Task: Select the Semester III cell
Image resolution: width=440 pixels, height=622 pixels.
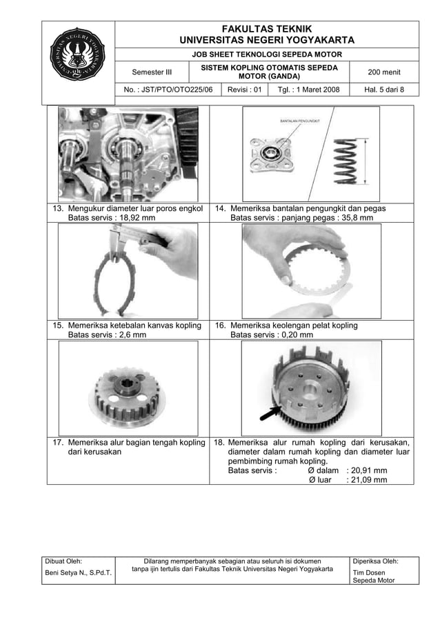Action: pyautogui.click(x=152, y=72)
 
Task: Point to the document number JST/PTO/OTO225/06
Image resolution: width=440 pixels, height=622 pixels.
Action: pyautogui.click(x=168, y=90)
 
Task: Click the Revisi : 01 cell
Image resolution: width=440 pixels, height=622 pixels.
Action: pyautogui.click(x=245, y=90)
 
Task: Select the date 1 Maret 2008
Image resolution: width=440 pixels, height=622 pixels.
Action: pyautogui.click(x=308, y=90)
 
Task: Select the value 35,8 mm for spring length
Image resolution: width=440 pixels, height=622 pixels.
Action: pyautogui.click(x=354, y=218)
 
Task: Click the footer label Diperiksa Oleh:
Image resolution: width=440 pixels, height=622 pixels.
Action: pyautogui.click(x=375, y=561)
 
